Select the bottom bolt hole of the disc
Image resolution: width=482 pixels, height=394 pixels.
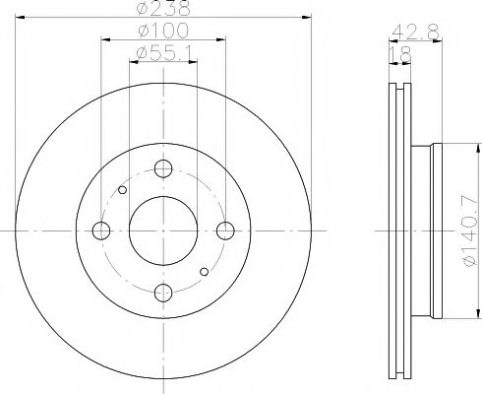(163, 292)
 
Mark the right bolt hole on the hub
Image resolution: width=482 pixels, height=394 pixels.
(225, 231)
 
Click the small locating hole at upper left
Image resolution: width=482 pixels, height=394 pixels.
(122, 190)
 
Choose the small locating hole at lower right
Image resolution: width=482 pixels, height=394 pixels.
(205, 272)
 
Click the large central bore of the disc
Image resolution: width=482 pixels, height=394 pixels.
(163, 231)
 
